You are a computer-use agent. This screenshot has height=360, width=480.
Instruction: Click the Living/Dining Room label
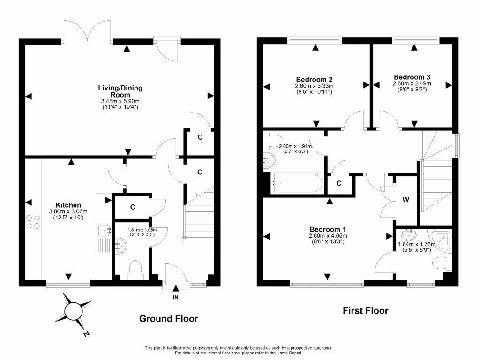(120, 91)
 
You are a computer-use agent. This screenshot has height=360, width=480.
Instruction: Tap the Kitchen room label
(68, 205)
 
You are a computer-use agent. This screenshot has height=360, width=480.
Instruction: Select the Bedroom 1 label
(328, 230)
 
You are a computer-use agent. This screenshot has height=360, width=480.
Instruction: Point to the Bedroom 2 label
(314, 79)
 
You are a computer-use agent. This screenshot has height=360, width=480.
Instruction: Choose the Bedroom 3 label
(412, 77)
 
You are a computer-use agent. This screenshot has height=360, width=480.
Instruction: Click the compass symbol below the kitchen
(74, 310)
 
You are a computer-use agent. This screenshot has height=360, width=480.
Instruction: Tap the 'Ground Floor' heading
(168, 319)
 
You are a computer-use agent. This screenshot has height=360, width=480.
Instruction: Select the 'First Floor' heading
(366, 310)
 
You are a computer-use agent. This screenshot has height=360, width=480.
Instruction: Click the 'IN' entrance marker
(176, 297)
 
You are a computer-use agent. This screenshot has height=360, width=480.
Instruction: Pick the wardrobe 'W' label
(405, 200)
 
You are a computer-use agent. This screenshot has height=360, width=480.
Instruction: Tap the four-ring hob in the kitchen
(33, 221)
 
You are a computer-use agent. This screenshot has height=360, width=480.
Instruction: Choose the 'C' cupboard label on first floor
(339, 184)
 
